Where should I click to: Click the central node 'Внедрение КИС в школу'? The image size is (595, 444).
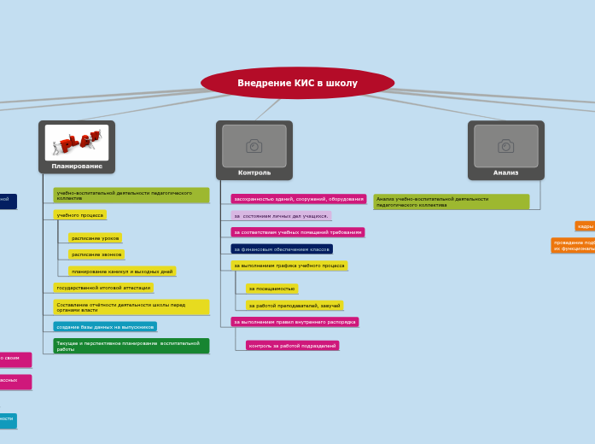(297, 83)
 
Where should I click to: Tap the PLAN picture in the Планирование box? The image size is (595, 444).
(77, 142)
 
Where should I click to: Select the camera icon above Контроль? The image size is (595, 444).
(254, 146)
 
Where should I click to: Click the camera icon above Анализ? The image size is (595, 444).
(506, 146)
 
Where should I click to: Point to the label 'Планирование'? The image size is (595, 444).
(77, 166)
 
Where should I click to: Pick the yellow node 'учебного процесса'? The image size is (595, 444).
(80, 215)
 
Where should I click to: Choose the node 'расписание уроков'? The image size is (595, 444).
(96, 238)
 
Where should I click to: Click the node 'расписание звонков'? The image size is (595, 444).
(96, 254)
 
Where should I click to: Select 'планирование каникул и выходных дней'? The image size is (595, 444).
(122, 272)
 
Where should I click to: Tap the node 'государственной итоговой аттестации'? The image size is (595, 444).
(103, 288)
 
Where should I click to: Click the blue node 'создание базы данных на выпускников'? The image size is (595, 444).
(105, 327)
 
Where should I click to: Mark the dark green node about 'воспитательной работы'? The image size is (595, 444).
(131, 346)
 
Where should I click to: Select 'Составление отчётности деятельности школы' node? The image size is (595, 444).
(131, 307)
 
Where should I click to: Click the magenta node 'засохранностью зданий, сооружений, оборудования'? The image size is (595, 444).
(299, 199)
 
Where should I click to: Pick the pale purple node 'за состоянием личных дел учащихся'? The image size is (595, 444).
(281, 216)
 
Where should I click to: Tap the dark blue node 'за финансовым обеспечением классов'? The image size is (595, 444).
(282, 249)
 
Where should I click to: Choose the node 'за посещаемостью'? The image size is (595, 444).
(272, 289)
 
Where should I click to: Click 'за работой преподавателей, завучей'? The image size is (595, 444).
(295, 306)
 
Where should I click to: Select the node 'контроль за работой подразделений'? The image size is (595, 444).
(293, 346)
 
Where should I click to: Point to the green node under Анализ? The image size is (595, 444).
(451, 202)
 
